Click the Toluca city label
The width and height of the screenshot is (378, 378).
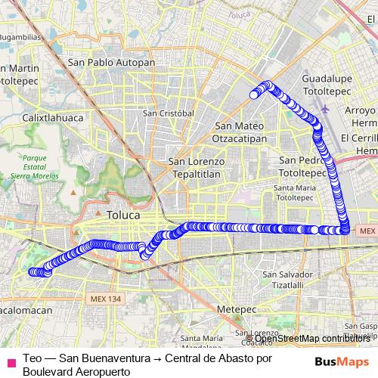coord(123,215)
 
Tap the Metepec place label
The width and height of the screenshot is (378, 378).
coord(232,309)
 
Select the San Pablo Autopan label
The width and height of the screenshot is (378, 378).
coord(111,62)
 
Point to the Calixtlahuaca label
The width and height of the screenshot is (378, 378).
coord(50,118)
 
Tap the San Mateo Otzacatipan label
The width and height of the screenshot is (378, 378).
coord(240,132)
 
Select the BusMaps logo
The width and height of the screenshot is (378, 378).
coord(342,361)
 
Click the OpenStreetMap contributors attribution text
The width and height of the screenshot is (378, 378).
coord(317,338)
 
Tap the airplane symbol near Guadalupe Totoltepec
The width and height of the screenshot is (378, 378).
coord(325,108)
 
